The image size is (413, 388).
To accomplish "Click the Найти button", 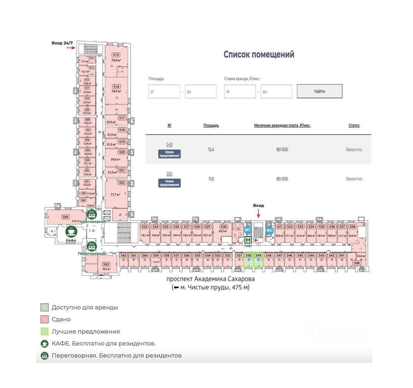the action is click(319, 91).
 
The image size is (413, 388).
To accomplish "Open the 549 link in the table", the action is click(169, 145).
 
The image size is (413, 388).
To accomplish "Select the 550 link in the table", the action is click(169, 174).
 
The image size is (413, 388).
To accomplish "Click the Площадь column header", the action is click(211, 126).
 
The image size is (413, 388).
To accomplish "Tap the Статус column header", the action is click(354, 126).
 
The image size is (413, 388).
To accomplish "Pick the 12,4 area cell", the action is click(211, 149).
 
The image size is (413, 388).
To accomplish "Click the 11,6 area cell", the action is click(211, 179).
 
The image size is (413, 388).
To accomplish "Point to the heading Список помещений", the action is click(259, 55).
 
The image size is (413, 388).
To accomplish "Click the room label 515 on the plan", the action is click(116, 55).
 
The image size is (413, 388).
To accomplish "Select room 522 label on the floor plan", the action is click(122, 183).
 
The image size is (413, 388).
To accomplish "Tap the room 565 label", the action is click(66, 217).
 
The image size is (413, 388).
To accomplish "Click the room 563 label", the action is click(106, 264).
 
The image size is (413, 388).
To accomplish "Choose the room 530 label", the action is click(224, 227).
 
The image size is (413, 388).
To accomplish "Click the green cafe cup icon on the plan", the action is click(71, 232).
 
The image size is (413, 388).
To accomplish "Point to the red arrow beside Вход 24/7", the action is click(71, 48).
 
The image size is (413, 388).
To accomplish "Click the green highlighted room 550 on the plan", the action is click(249, 260).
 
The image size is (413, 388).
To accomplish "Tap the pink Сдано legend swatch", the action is click(44, 319).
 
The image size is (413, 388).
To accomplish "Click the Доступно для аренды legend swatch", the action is click(44, 307).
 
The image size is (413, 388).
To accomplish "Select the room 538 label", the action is click(352, 227).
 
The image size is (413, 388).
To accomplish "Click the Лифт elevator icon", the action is click(248, 240).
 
